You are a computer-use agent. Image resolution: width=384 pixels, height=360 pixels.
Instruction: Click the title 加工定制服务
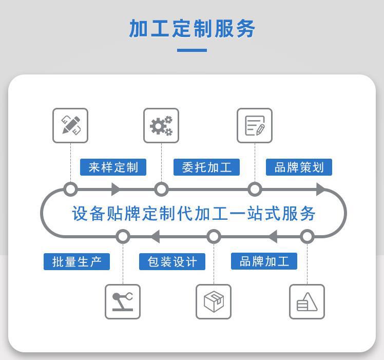[x=192, y=29]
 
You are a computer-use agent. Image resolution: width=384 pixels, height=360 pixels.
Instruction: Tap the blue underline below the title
[x=191, y=50]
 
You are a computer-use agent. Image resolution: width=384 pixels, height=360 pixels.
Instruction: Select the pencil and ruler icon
[x=70, y=125]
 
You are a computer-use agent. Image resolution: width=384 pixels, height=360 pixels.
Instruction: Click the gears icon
[x=161, y=125]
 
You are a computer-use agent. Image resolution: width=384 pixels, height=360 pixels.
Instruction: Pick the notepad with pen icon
[x=255, y=125]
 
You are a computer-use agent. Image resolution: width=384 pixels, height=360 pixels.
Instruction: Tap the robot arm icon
[x=123, y=301]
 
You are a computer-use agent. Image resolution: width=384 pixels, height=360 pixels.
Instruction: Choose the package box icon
[x=214, y=301]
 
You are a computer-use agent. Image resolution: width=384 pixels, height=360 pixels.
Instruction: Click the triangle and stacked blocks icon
[x=307, y=301]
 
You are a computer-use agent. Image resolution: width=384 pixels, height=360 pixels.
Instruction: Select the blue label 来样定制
[x=113, y=167]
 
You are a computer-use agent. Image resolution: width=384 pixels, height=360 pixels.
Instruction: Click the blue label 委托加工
[x=206, y=167]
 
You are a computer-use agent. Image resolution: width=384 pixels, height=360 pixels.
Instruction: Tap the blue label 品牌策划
[x=299, y=167]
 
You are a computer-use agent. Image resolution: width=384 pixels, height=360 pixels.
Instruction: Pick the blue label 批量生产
[x=76, y=261]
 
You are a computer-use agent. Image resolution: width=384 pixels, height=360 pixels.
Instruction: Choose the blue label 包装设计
[x=172, y=261]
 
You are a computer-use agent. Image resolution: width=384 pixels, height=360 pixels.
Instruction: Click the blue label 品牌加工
[x=264, y=261]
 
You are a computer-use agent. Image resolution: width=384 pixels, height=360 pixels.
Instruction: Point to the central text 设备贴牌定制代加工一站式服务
[x=193, y=213]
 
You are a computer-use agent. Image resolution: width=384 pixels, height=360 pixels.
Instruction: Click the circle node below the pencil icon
[x=70, y=190]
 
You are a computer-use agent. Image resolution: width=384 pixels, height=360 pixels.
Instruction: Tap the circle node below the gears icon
[x=161, y=190]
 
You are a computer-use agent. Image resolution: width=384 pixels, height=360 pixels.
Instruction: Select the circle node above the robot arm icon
[x=123, y=236]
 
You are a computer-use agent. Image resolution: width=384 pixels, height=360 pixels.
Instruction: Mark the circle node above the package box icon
[x=214, y=236]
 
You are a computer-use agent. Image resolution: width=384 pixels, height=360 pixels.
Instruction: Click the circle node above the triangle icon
[x=307, y=236]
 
